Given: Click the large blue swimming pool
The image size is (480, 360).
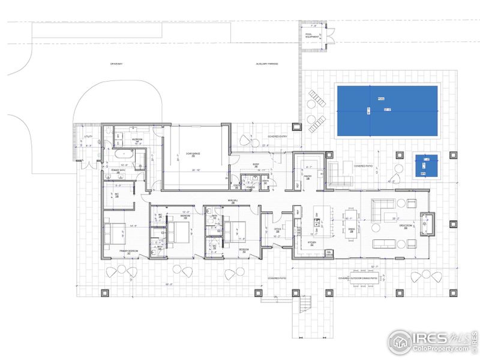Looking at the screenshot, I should [x=386, y=110].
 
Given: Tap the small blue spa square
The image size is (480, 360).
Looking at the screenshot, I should [x=426, y=165].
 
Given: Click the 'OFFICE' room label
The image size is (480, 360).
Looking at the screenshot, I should [x=278, y=230].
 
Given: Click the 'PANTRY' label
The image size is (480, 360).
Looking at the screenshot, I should [x=308, y=176].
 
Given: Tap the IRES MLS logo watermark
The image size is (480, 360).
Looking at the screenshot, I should [x=430, y=340].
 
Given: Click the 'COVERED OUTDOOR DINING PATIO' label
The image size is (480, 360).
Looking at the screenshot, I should [x=358, y=278].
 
